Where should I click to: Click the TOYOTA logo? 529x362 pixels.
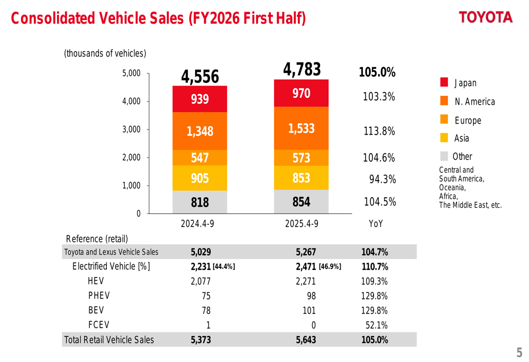coord(486,17)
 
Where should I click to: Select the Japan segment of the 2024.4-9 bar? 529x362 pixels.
coord(200,99)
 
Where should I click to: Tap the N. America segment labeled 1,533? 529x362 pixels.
coord(302,128)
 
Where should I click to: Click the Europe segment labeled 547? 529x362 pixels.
coord(200,157)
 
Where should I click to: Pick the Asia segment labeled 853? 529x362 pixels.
coord(302,178)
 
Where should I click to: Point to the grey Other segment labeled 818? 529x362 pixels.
coord(200,202)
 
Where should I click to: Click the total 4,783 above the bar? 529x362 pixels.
coord(302,69)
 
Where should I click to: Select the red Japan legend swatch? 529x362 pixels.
coord(444,82)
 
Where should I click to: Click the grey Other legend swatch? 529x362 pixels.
coord(444,156)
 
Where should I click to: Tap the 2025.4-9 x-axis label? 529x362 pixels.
coord(302,224)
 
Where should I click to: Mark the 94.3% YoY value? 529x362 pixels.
coord(382,180)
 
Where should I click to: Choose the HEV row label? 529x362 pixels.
coord(96,281)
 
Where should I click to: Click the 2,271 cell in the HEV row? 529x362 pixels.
coord(306,281)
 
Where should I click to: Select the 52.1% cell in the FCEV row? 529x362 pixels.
coord(377,325)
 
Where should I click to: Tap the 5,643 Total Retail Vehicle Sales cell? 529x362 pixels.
coord(306,340)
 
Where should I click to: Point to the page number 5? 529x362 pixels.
coord(519,352)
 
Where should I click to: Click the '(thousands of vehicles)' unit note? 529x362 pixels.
coord(105,53)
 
